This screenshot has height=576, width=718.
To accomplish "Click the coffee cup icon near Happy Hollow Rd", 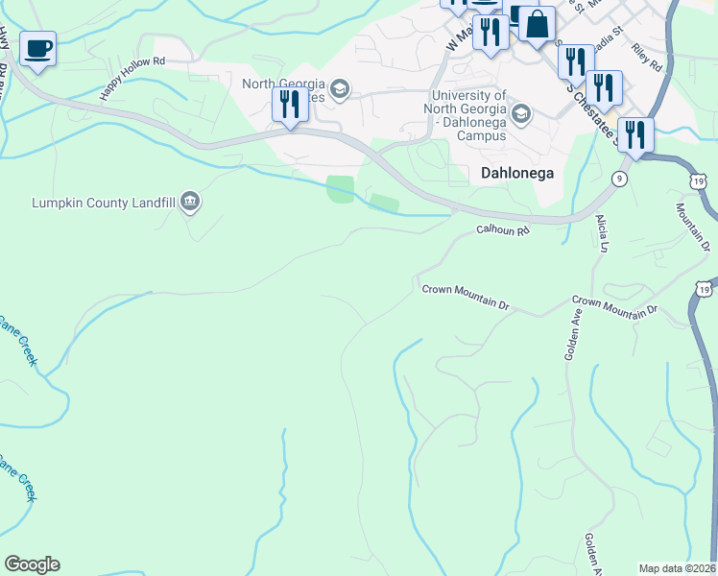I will (37, 49).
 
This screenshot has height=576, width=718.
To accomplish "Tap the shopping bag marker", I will (538, 25).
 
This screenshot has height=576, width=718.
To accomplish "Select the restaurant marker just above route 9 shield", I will (635, 135).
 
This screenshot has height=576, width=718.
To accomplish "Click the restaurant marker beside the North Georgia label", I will (289, 104).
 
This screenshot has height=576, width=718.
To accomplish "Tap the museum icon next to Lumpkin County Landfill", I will (190, 201).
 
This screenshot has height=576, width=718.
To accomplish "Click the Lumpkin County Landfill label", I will (103, 203).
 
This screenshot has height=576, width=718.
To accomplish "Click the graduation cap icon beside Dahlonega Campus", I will (521, 116).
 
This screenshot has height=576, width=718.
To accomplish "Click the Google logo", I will (32, 564).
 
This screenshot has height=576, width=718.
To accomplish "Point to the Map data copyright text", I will (677, 568).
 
